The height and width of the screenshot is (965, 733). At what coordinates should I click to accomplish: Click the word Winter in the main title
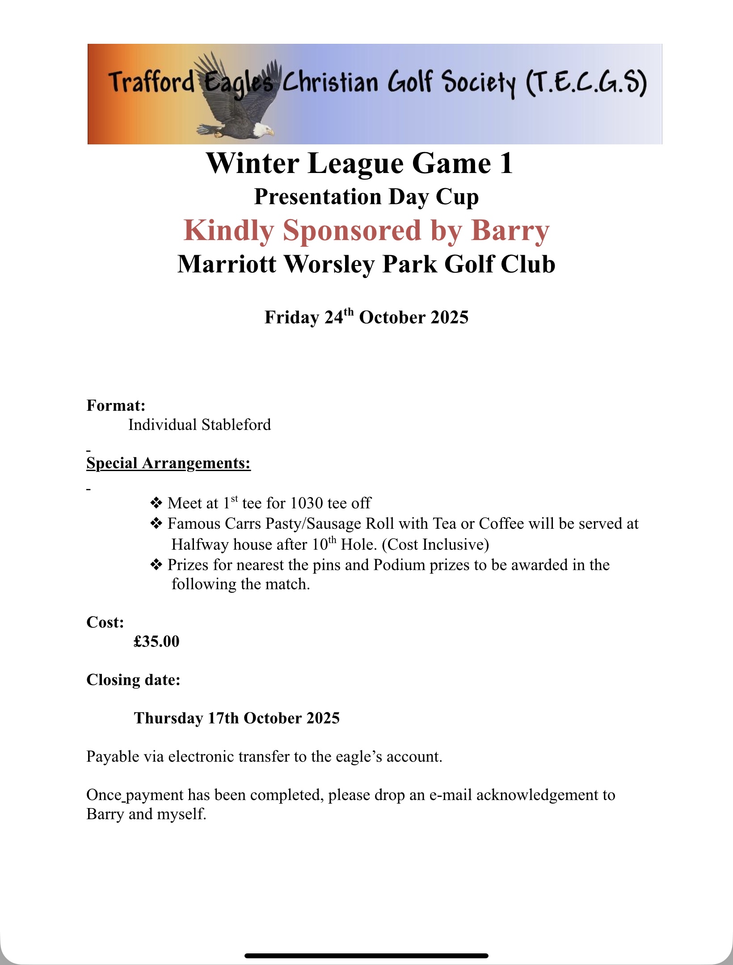coord(253,164)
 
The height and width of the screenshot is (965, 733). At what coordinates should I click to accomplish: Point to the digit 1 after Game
coord(506,164)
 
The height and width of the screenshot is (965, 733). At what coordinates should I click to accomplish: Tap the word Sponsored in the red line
coord(352,231)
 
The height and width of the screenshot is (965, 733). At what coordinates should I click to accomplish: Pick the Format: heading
coord(116,405)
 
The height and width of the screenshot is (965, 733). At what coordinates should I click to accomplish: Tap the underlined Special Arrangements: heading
coord(169,463)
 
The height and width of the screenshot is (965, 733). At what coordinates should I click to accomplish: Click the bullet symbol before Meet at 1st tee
coord(156,504)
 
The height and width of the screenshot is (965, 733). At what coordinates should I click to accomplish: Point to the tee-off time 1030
coord(306,504)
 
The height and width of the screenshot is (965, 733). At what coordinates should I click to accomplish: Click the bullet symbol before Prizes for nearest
coord(156,565)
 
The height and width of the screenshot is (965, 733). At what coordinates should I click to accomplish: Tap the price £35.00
coord(156,641)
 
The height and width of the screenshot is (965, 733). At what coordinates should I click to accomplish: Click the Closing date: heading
coord(133,680)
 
